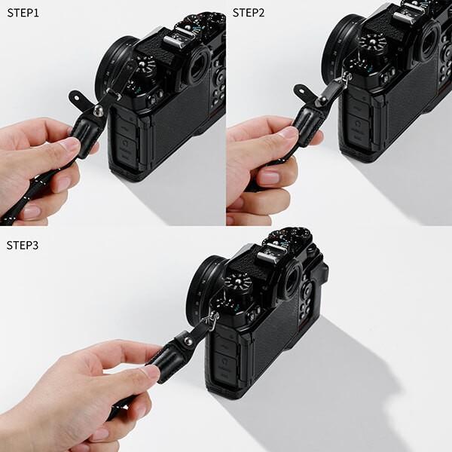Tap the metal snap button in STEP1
(97, 111)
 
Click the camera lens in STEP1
(113, 60)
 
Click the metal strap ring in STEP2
(346, 78)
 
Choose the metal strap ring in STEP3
(212, 319)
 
